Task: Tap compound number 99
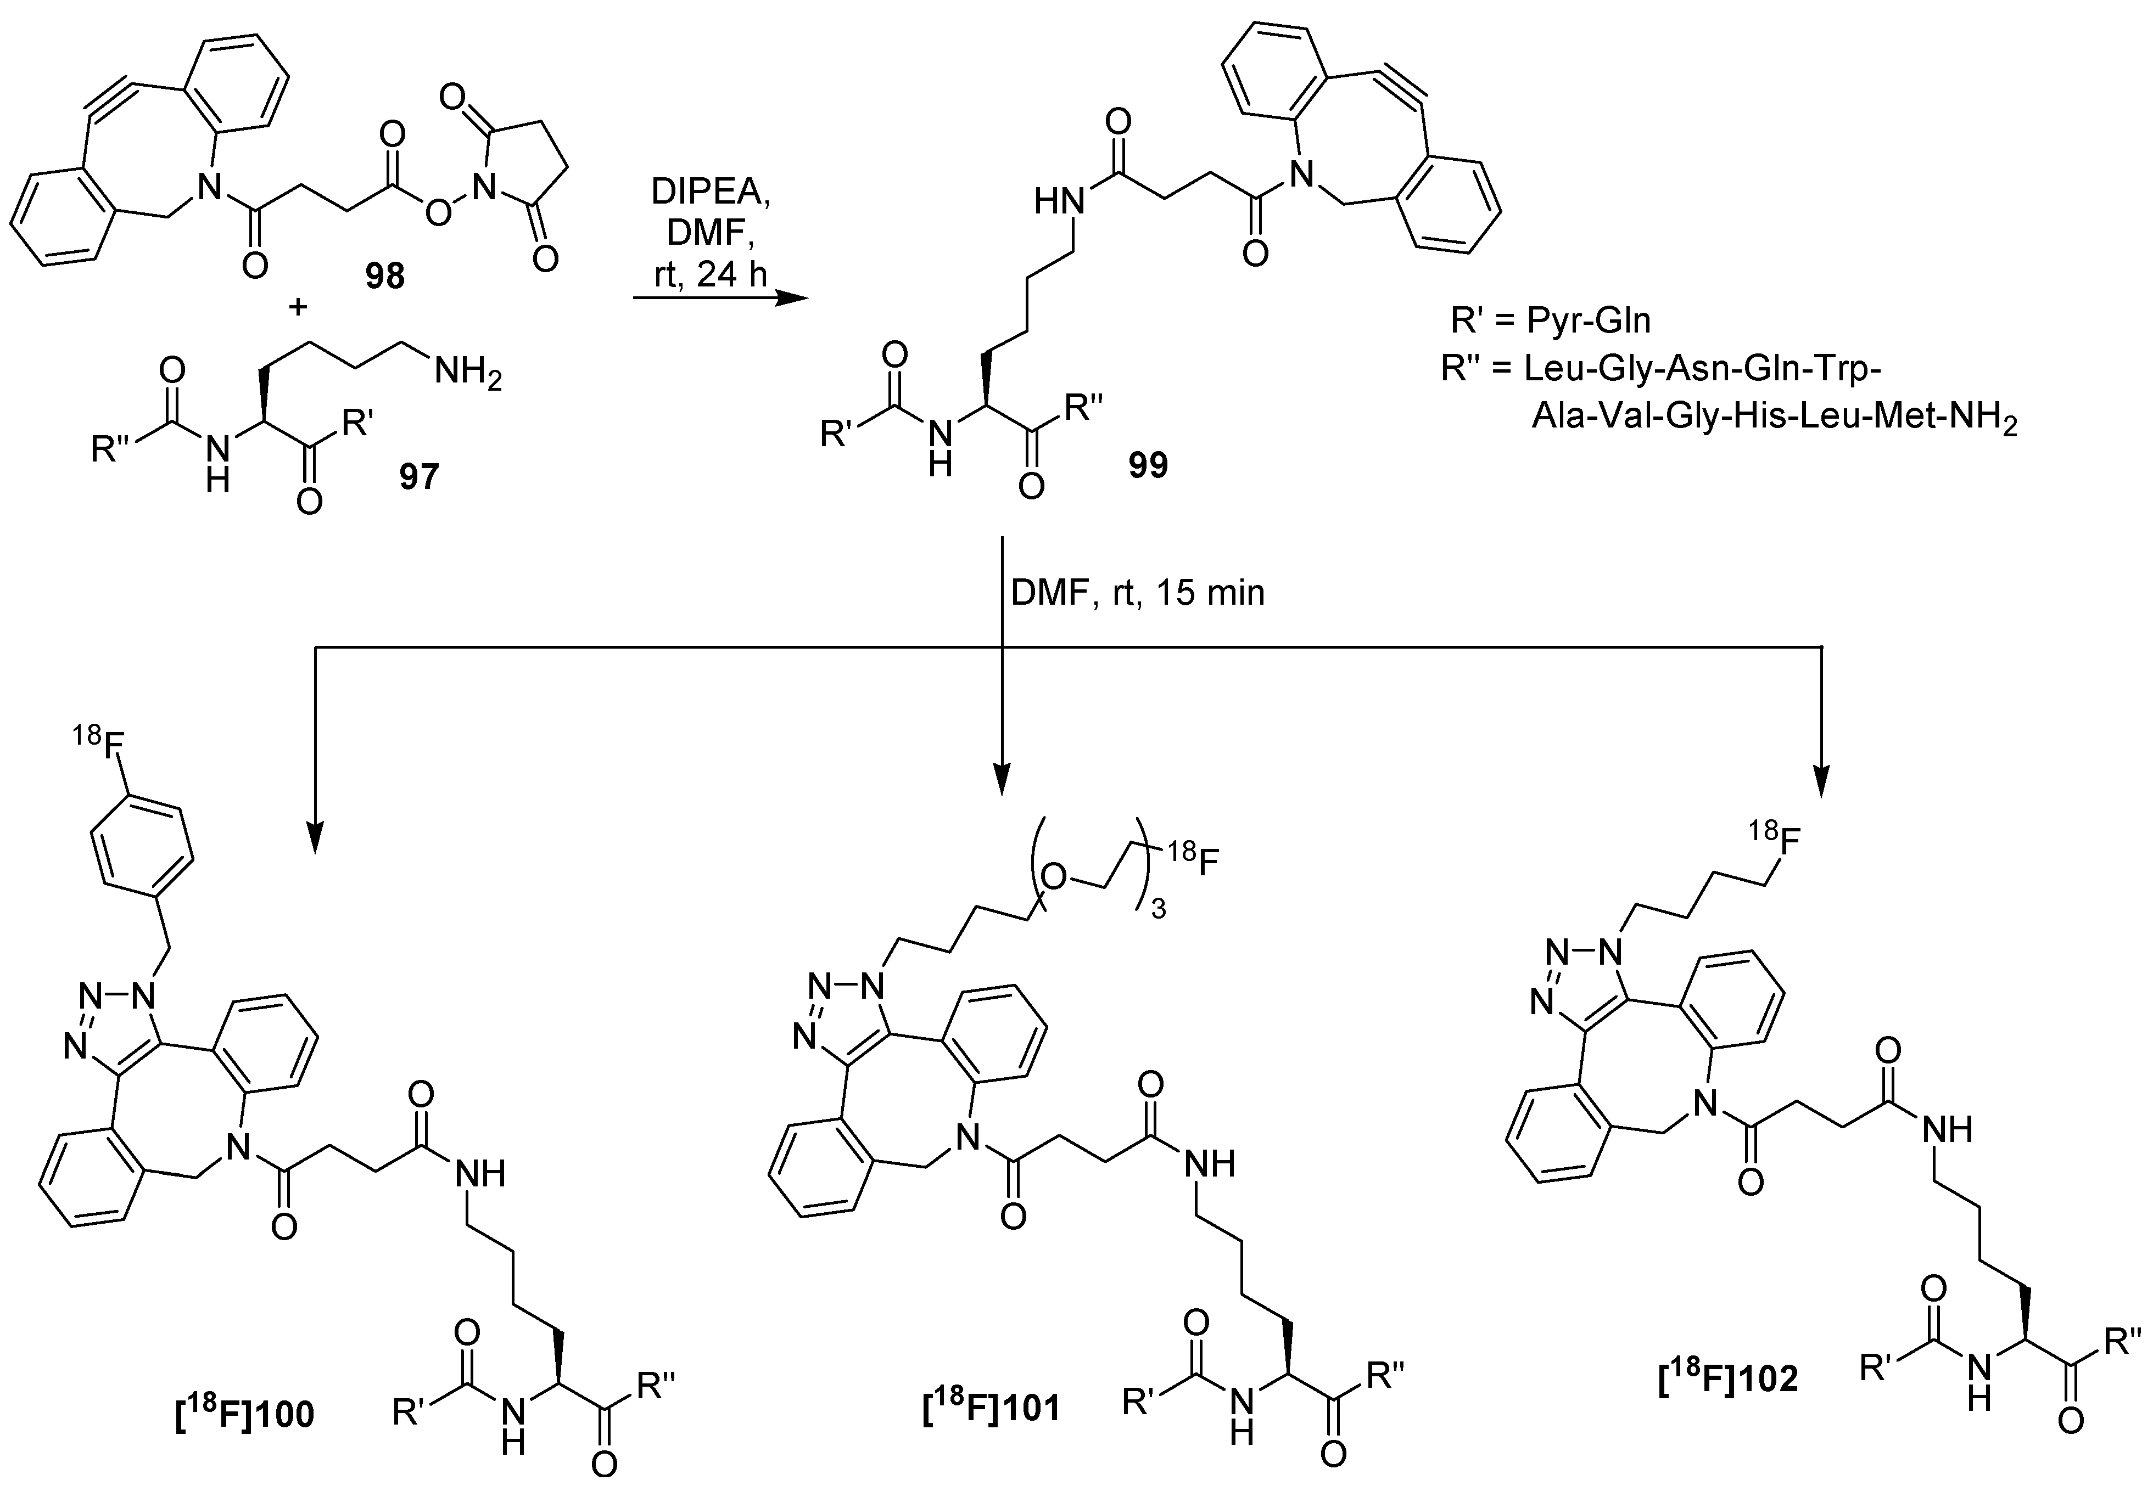pyautogui.click(x=1148, y=466)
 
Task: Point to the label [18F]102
pyautogui.click(x=1728, y=1378)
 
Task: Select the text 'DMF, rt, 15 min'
pyautogui.click(x=1138, y=593)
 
